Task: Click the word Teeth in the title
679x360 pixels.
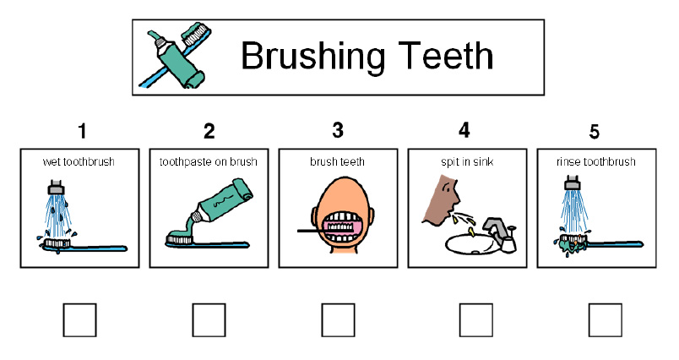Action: (x=445, y=56)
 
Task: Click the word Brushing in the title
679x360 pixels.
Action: (x=312, y=57)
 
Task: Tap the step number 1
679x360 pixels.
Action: (x=82, y=131)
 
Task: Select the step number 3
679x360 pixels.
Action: (x=338, y=130)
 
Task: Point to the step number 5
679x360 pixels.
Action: (x=595, y=132)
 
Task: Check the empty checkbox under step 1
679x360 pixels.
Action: (x=79, y=320)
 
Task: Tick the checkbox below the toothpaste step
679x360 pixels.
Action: (x=209, y=320)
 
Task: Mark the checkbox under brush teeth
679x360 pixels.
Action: (x=338, y=320)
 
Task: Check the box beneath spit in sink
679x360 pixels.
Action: (x=476, y=320)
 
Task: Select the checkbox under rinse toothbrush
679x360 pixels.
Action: (x=605, y=320)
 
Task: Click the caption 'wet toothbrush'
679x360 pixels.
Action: (x=79, y=162)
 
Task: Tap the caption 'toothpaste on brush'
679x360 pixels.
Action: (x=209, y=162)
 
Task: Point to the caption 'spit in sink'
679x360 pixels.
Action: (x=467, y=162)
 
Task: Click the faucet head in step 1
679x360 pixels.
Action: (x=56, y=187)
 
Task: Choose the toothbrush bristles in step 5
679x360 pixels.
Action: (x=571, y=238)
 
